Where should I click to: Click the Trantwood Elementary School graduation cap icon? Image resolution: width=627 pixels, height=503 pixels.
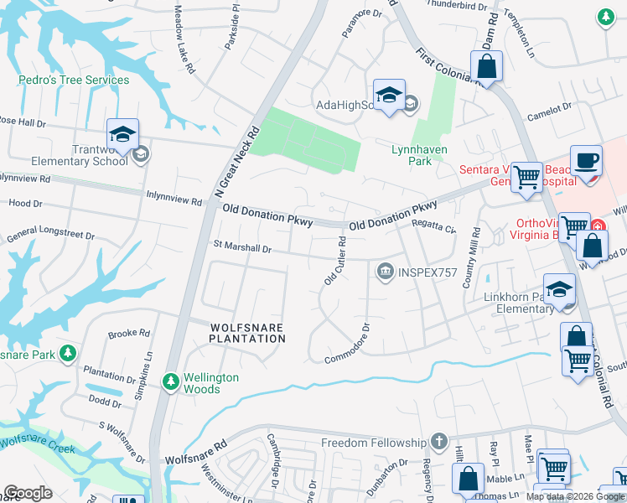click(x=122, y=135)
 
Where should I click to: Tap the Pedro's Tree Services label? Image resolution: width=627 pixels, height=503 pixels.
click(x=75, y=80)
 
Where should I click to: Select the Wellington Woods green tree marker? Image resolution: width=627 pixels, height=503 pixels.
click(x=171, y=382)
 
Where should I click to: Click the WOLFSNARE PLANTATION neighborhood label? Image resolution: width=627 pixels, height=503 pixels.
click(x=247, y=332)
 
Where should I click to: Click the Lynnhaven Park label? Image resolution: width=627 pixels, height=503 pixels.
click(x=423, y=155)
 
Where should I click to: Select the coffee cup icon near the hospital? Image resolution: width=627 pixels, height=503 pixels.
click(x=586, y=159)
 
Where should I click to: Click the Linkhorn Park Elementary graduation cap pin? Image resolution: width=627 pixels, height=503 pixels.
click(x=559, y=289)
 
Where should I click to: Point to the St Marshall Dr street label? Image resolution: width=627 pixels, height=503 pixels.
click(x=243, y=248)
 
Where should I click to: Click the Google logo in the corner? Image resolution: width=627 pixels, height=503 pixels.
click(x=28, y=493)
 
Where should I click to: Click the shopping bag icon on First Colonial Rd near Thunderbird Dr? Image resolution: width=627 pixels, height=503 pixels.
click(x=486, y=65)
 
